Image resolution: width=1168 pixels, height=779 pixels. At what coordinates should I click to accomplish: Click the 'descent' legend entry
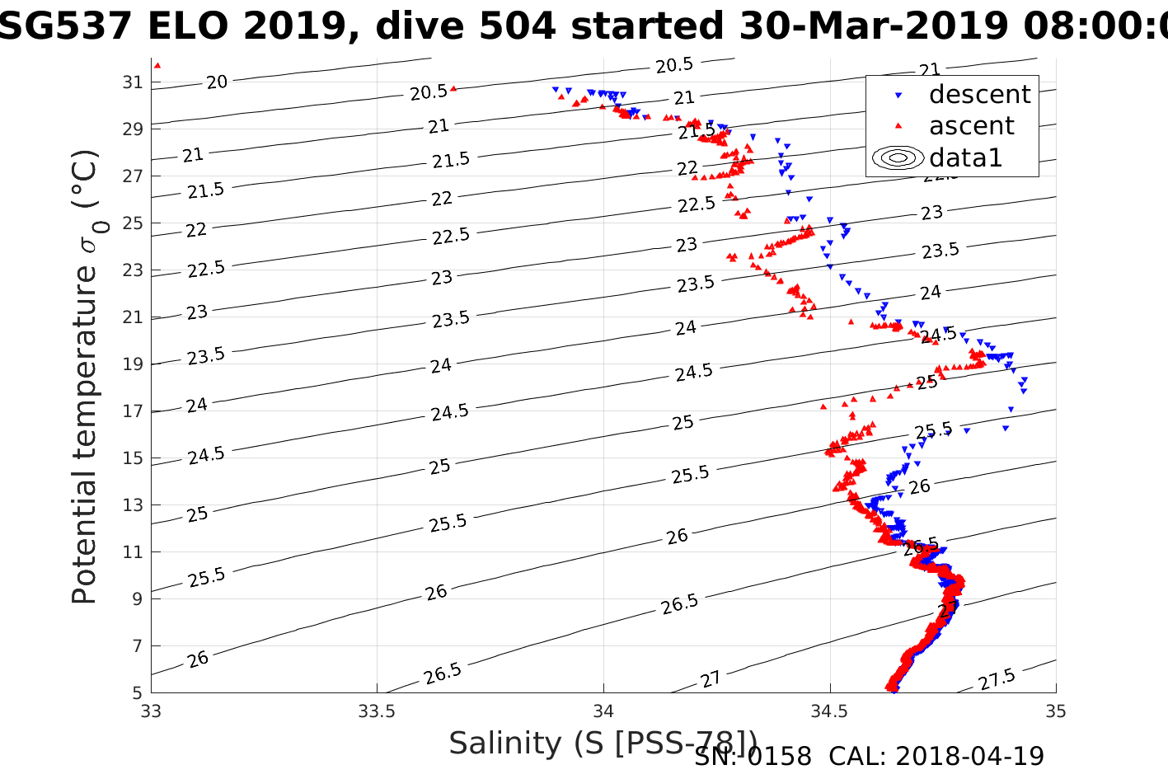(979, 95)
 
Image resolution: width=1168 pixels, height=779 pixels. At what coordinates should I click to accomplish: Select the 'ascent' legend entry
(971, 126)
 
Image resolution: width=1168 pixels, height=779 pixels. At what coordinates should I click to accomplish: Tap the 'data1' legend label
(965, 157)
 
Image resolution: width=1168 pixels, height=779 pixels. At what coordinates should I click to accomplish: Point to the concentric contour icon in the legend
(898, 157)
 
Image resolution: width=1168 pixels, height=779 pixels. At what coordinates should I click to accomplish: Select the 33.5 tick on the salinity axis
(377, 711)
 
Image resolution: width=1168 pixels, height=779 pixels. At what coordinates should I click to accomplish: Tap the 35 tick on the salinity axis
(1056, 711)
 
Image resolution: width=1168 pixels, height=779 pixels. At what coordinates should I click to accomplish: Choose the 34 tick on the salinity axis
(603, 711)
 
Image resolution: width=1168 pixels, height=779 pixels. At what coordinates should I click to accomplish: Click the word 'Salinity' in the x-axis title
(504, 744)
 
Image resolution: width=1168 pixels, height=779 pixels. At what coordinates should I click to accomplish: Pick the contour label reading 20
(217, 82)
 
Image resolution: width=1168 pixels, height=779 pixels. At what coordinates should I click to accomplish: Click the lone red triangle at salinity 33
(157, 65)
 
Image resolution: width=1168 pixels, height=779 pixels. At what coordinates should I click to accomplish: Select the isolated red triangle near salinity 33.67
(453, 88)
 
